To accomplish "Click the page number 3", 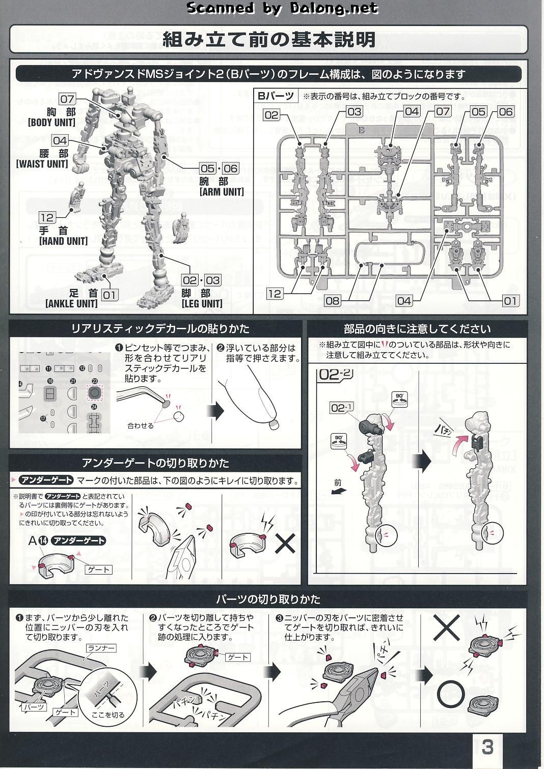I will click(x=487, y=748).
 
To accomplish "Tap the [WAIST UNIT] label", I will click(x=42, y=164).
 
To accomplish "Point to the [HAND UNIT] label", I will click(x=63, y=241).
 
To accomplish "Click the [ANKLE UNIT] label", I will click(x=71, y=304).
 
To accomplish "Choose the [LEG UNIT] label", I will click(x=202, y=304).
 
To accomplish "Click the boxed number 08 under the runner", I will click(x=332, y=300).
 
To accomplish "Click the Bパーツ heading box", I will click(x=275, y=96).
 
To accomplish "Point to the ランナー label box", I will click(x=101, y=648).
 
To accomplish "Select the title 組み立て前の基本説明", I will click(x=269, y=39).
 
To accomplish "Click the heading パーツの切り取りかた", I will click(x=268, y=599).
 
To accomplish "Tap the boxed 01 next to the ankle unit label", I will click(x=110, y=294).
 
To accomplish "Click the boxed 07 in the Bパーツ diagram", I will click(x=443, y=111).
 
